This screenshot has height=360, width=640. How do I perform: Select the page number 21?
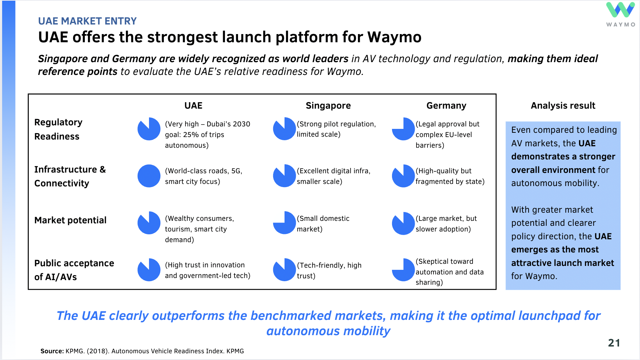[x=614, y=343]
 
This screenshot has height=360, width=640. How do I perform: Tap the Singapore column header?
[x=328, y=105]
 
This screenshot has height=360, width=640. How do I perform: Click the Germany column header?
[x=446, y=105]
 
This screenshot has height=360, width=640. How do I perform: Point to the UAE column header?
[x=193, y=105]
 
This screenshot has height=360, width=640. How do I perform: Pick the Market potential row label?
[x=70, y=220]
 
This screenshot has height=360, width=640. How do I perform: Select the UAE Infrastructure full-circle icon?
[x=149, y=176]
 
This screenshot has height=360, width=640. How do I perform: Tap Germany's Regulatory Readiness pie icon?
[x=403, y=129]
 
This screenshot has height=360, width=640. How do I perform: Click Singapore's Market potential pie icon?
[x=285, y=223]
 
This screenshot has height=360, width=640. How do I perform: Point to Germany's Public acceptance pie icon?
[x=403, y=270]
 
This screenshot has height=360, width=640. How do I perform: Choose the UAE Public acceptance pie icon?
[x=149, y=270]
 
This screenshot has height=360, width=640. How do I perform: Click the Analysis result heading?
[x=563, y=105]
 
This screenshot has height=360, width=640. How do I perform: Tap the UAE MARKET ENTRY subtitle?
[x=87, y=21]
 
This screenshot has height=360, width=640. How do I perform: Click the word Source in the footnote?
[x=52, y=351]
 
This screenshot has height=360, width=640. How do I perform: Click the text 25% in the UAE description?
[x=191, y=135]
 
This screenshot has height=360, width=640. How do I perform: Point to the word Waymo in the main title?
[x=394, y=37]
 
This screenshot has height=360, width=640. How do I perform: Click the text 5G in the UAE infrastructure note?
[x=236, y=171]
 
